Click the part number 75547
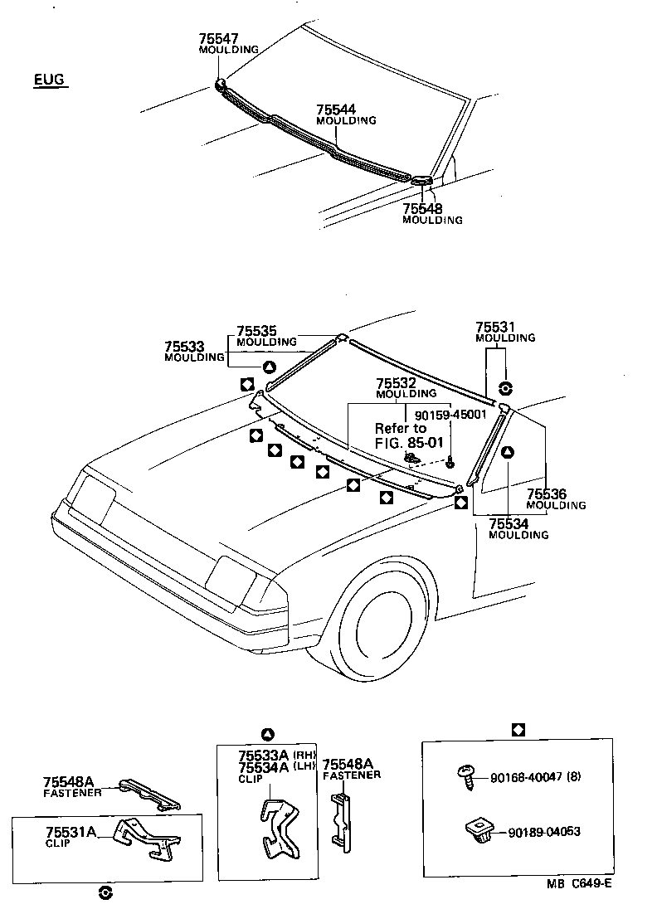click(217, 39)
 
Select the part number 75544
click(335, 109)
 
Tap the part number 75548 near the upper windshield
click(421, 209)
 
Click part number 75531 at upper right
click(494, 327)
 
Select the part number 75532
click(395, 383)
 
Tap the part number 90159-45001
click(439, 414)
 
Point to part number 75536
click(546, 494)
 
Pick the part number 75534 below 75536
click(508, 524)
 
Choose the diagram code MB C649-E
click(579, 883)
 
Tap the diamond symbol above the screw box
click(518, 729)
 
